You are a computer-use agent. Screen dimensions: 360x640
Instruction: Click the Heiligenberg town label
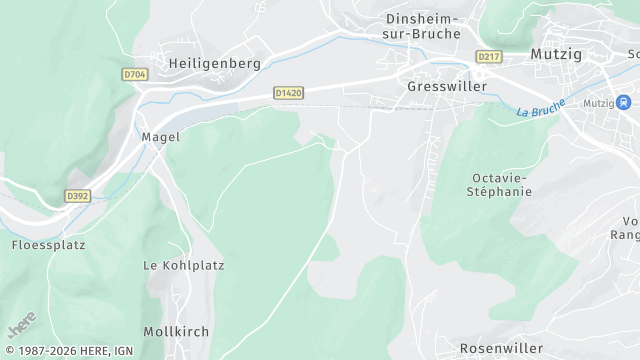(x=215, y=63)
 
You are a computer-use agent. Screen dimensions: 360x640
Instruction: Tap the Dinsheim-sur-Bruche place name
(x=423, y=26)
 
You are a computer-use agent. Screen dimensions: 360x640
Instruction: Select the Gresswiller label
(x=447, y=87)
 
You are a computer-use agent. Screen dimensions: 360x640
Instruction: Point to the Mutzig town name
(x=557, y=54)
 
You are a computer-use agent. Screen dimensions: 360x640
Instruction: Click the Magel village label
(x=160, y=137)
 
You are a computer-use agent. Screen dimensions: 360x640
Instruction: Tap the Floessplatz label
(x=48, y=245)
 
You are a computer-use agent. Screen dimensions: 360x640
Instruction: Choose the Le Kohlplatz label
(x=184, y=266)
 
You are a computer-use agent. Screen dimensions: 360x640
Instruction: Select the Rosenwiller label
(x=502, y=348)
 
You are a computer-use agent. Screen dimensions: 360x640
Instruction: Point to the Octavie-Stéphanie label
(x=502, y=184)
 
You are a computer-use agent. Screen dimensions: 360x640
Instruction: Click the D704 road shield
(x=134, y=74)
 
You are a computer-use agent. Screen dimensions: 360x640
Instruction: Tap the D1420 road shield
(x=288, y=93)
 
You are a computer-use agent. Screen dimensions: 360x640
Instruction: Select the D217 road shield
(x=488, y=57)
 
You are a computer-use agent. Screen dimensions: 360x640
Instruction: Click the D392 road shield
(x=77, y=196)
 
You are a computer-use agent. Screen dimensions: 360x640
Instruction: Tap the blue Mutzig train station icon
(x=624, y=102)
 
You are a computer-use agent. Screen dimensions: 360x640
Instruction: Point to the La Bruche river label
(x=541, y=107)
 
